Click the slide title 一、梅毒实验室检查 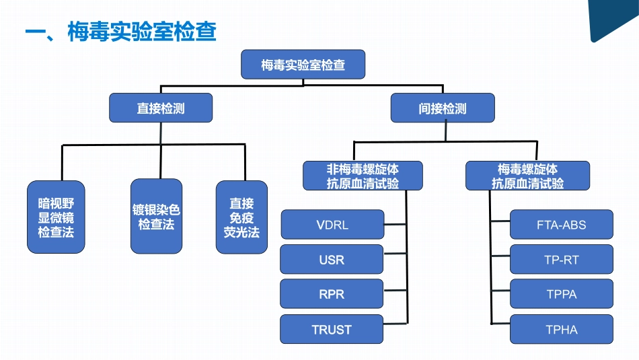pyautogui.click(x=120, y=32)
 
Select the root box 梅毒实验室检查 pyautogui.click(x=303, y=65)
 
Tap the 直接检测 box pyautogui.click(x=161, y=108)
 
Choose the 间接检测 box pyautogui.click(x=443, y=108)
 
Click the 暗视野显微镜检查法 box pyautogui.click(x=57, y=217)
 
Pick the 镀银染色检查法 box pyautogui.click(x=156, y=217)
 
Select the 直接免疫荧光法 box pyautogui.click(x=241, y=217)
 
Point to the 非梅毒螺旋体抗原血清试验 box pyautogui.click(x=363, y=176)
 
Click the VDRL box pyautogui.click(x=332, y=225)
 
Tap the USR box pyautogui.click(x=332, y=260)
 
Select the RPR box pyautogui.click(x=332, y=295)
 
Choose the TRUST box pyautogui.click(x=332, y=330)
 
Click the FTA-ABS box pyautogui.click(x=562, y=225)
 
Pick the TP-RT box pyautogui.click(x=562, y=260)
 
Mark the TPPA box pyautogui.click(x=562, y=295)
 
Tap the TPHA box pyautogui.click(x=562, y=330)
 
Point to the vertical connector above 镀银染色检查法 pyautogui.click(x=161, y=161)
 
